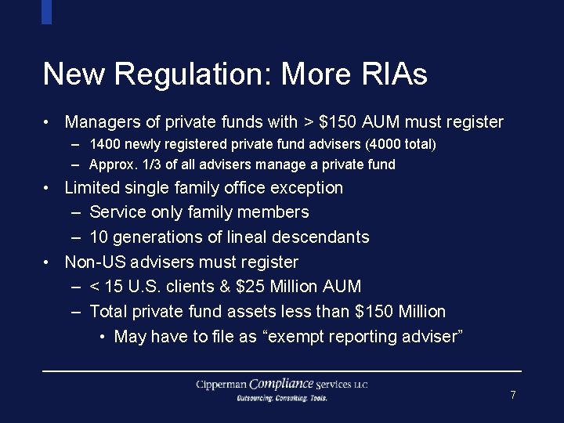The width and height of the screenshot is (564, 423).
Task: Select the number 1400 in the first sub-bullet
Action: [104, 144]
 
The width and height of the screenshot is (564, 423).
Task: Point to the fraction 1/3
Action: [146, 164]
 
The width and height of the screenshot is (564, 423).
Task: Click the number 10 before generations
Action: [99, 237]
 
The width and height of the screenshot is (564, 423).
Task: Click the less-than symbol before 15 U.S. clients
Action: [95, 287]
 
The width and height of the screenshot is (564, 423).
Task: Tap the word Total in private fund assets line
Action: [109, 312]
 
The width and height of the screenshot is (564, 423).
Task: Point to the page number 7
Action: [513, 395]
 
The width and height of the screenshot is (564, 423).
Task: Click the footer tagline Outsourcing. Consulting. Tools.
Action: [282, 398]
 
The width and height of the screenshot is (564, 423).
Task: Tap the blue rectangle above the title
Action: [46, 12]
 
